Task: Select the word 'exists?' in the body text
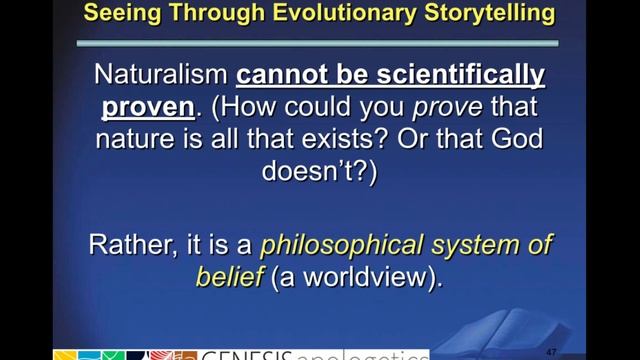click(x=341, y=139)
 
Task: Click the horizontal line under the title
click(x=319, y=43)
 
